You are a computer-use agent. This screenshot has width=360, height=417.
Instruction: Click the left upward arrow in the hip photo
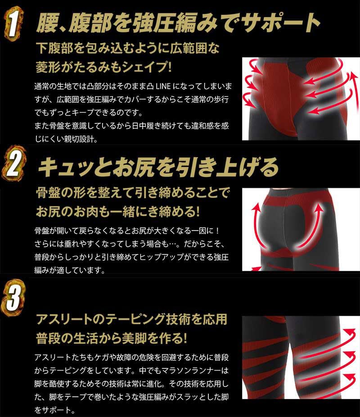click(x=257, y=221)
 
